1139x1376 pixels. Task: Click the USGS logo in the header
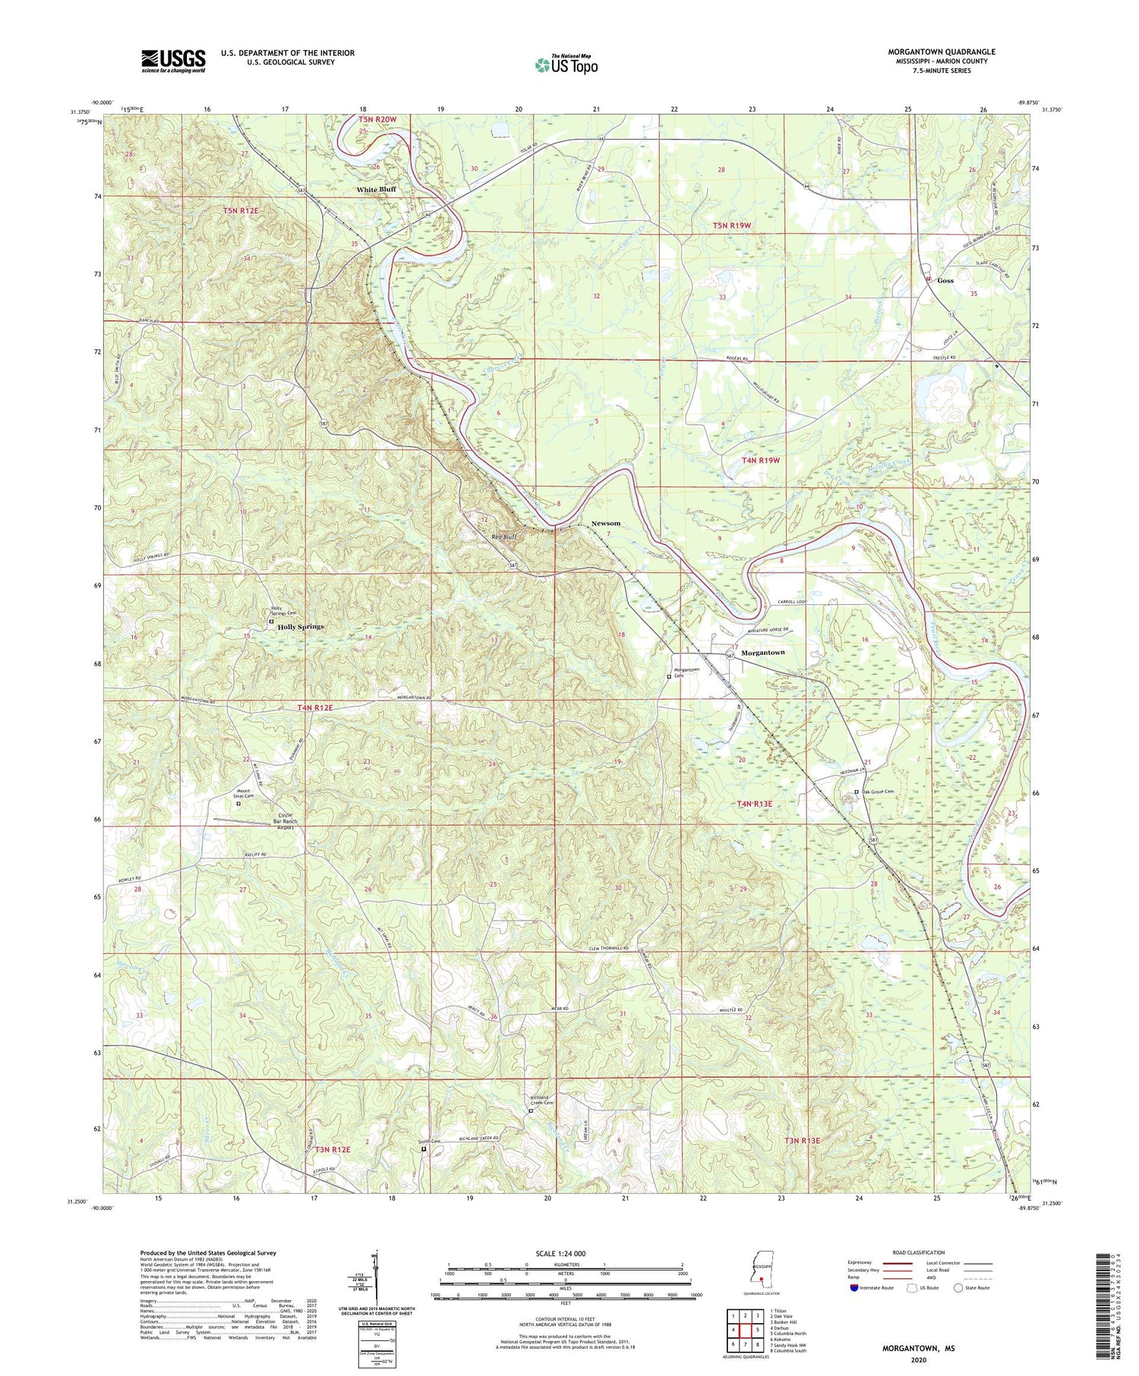coord(173,61)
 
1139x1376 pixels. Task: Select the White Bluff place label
coord(377,189)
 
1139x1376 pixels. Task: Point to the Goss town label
coord(945,280)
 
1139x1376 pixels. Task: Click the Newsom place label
coord(606,523)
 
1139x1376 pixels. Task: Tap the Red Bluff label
coord(504,537)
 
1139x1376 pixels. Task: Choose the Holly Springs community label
coord(300,627)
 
